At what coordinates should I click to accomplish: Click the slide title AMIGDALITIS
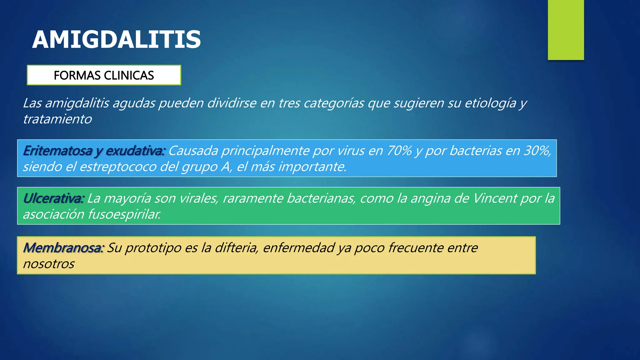pyautogui.click(x=116, y=40)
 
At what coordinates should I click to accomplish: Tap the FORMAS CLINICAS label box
pyautogui.click(x=104, y=75)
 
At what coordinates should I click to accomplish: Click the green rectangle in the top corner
pyautogui.click(x=566, y=30)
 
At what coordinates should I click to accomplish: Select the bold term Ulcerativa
pyautogui.click(x=53, y=198)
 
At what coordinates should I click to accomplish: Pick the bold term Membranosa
pyautogui.click(x=63, y=248)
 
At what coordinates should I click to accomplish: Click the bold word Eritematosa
pyautogui.click(x=57, y=151)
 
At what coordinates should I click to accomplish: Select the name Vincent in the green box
pyautogui.click(x=495, y=198)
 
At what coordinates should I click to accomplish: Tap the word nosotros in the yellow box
pyautogui.click(x=49, y=264)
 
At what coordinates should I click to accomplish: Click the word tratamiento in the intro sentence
pyautogui.click(x=57, y=119)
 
